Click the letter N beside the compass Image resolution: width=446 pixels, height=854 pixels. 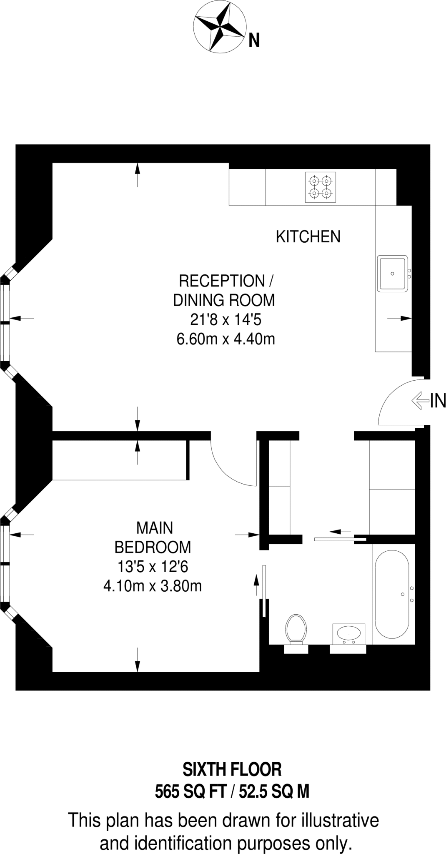pyautogui.click(x=254, y=40)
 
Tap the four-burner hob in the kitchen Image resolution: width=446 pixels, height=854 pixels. pyautogui.click(x=320, y=187)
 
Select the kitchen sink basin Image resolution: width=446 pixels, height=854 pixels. pyautogui.click(x=392, y=274)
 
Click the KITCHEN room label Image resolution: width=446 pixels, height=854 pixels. pyautogui.click(x=308, y=236)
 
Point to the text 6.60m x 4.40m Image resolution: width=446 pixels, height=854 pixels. pyautogui.click(x=226, y=339)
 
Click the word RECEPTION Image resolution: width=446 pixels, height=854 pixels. pyautogui.click(x=221, y=281)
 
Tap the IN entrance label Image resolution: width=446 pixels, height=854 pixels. pyautogui.click(x=438, y=401)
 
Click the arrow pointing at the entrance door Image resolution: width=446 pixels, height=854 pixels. pyautogui.click(x=420, y=401)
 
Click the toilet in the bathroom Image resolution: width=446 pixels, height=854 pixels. pyautogui.click(x=296, y=628)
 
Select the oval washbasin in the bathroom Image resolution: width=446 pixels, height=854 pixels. pyautogui.click(x=348, y=633)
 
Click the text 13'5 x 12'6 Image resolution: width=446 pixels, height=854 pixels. pyautogui.click(x=153, y=567)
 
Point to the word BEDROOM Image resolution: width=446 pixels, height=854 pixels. pyautogui.click(x=153, y=547)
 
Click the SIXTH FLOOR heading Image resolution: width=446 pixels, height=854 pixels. pyautogui.click(x=232, y=769)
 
